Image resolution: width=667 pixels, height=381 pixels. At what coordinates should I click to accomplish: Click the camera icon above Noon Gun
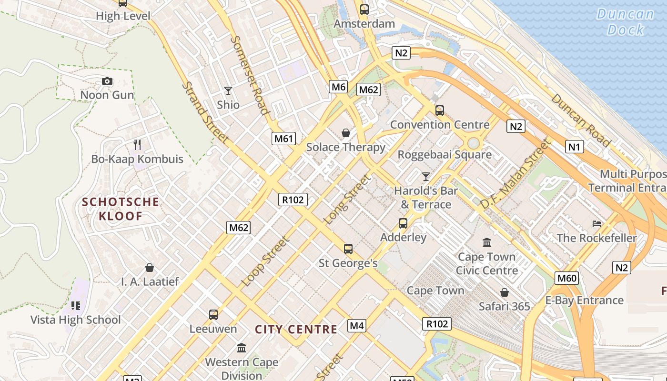(x=107, y=81)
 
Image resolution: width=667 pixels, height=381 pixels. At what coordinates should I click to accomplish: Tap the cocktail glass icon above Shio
(x=228, y=90)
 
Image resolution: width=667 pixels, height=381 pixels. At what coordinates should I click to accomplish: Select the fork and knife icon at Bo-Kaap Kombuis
(x=137, y=144)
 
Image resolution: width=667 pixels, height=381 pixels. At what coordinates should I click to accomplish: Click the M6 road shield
(x=338, y=87)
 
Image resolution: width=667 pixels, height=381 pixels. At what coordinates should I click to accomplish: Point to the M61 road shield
(x=284, y=139)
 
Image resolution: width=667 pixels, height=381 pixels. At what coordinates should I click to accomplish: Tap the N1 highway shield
(x=575, y=147)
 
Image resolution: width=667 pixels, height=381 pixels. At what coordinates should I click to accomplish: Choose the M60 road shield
(x=566, y=278)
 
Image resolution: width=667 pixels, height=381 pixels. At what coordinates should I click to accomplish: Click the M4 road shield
(x=357, y=326)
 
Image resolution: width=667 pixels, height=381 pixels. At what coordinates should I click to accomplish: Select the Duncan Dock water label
(x=625, y=21)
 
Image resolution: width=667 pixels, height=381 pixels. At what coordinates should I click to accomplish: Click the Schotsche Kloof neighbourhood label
(x=120, y=209)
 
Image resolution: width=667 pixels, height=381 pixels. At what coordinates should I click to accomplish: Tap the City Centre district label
(x=296, y=330)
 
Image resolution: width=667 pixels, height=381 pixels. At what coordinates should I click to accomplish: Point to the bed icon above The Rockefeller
(x=596, y=223)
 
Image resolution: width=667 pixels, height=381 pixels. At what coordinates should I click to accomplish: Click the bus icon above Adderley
(x=403, y=223)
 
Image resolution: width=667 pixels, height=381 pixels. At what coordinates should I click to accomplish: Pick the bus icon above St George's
(x=348, y=249)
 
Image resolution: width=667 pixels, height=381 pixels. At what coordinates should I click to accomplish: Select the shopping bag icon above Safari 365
(x=504, y=292)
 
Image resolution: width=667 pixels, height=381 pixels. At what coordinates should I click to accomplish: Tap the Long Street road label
(x=347, y=200)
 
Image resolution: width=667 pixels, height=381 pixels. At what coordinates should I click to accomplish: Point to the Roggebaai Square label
(x=445, y=155)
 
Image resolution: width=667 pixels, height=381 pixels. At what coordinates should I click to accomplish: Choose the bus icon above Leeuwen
(x=213, y=314)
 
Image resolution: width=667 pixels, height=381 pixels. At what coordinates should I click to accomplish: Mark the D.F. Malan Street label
(x=515, y=174)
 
